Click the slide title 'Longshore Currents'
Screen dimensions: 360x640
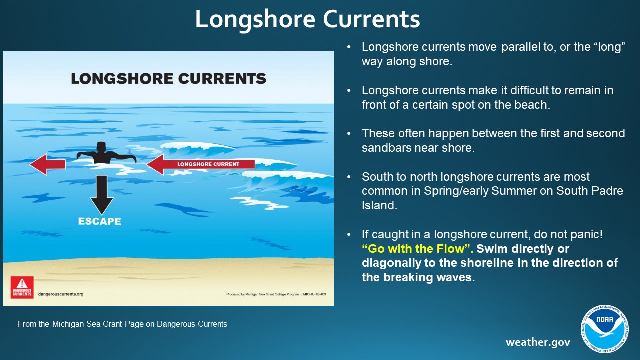point(307,19)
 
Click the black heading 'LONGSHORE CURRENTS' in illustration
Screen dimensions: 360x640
point(168,79)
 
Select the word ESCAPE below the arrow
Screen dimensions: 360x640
point(99,221)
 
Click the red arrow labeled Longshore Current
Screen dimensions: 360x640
point(200,164)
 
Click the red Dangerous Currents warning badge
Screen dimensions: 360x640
point(22,287)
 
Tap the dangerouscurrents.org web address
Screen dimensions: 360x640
point(60,294)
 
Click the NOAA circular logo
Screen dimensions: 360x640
point(604,329)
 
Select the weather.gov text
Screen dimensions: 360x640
point(538,342)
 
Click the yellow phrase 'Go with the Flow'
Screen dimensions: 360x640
point(417,249)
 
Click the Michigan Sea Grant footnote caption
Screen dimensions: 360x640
point(121,324)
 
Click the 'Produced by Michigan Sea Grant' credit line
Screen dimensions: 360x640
point(276,294)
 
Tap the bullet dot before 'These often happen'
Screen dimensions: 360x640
point(349,134)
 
